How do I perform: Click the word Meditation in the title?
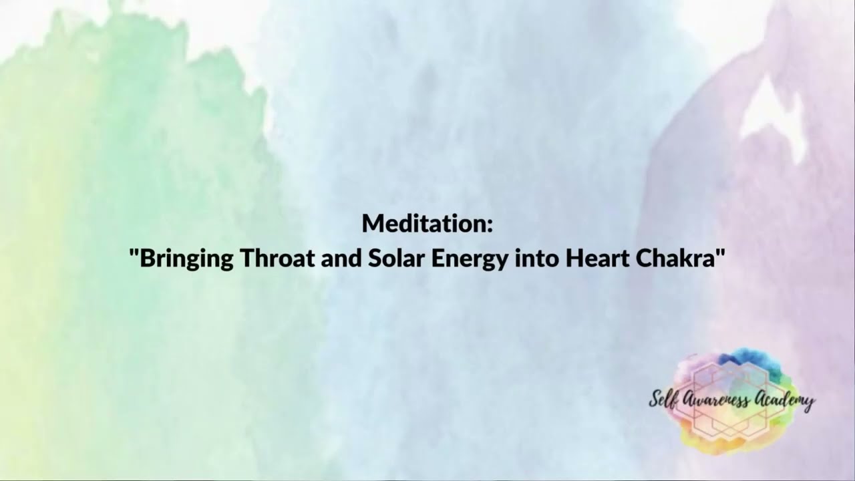point(423,224)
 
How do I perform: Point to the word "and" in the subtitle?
point(341,258)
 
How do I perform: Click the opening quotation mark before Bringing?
point(134,252)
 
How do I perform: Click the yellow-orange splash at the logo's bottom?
point(721,441)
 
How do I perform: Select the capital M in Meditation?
point(371,224)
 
